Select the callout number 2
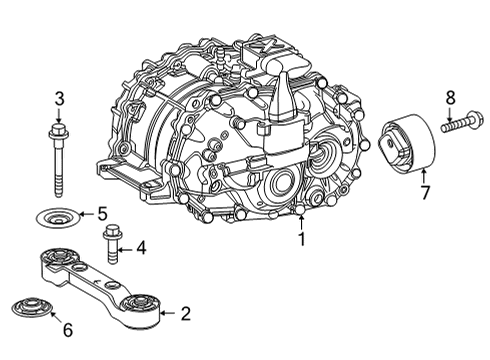[x=185, y=314]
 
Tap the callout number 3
[x=59, y=98]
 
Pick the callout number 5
[x=101, y=213]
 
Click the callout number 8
[x=450, y=98]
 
